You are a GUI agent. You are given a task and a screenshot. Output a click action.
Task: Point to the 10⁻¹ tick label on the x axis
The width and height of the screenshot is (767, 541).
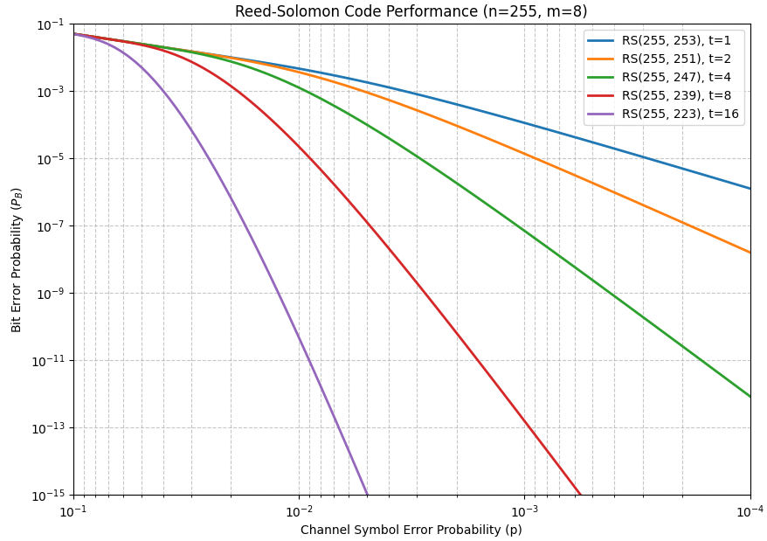click(73, 510)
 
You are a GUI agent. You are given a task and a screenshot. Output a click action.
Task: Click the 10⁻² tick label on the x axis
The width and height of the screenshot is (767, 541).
click(299, 510)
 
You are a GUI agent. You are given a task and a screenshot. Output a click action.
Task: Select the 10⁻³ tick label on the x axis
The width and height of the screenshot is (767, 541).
click(524, 510)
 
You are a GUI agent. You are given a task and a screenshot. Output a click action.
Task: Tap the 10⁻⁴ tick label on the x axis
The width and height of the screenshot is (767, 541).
click(750, 510)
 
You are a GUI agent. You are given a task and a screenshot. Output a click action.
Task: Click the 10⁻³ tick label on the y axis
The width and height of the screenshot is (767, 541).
click(52, 92)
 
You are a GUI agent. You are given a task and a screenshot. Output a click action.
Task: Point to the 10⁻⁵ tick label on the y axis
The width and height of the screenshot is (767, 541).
click(52, 159)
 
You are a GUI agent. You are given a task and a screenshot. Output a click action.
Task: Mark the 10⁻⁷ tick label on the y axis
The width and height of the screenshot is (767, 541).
click(52, 226)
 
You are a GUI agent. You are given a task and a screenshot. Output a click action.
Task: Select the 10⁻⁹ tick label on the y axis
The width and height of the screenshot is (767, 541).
click(52, 294)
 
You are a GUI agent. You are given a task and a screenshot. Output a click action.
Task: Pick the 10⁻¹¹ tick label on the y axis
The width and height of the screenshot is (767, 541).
click(50, 361)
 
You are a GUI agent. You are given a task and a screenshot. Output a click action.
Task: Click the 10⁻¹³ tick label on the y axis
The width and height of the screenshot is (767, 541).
click(50, 428)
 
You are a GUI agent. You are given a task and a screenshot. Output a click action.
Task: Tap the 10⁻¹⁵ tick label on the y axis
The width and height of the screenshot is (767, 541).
click(50, 496)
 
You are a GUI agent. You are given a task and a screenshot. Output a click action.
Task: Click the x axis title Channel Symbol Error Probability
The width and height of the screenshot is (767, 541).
click(411, 530)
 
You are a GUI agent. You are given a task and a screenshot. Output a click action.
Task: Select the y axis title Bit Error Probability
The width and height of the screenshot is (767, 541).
click(17, 260)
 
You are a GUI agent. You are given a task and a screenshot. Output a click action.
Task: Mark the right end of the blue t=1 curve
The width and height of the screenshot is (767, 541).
click(750, 188)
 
